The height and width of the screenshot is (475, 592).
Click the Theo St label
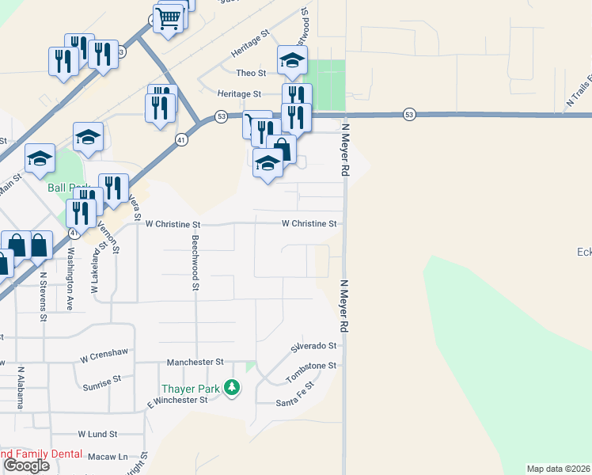pyautogui.click(x=251, y=73)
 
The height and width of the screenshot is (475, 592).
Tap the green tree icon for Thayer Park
pyautogui.click(x=232, y=388)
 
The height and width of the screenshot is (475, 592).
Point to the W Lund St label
pyautogui.click(x=97, y=435)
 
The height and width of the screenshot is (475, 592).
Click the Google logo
pyautogui.click(x=25, y=465)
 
